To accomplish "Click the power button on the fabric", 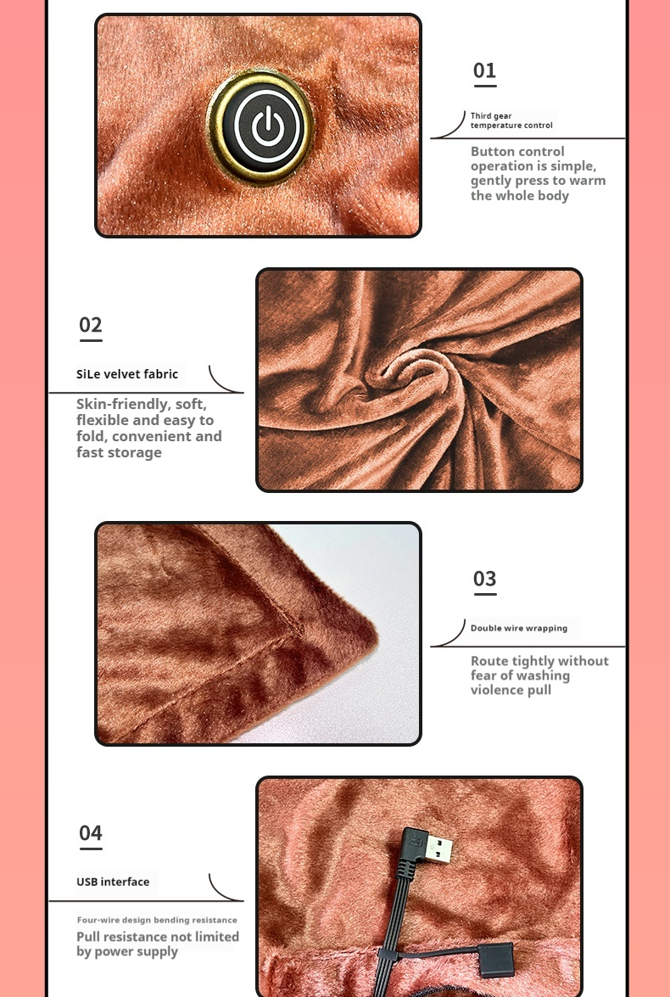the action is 260,126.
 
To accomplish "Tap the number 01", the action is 484,70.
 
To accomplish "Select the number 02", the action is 90,325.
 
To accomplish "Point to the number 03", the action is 484,579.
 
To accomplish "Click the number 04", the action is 90,833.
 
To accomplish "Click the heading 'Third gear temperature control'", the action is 511,120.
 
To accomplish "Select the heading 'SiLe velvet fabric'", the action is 127,374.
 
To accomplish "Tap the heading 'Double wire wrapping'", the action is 519,628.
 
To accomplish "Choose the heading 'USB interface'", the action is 113,882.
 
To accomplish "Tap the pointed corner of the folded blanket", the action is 377,634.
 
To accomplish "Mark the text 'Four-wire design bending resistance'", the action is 157,920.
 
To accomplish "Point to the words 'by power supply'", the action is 127,952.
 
